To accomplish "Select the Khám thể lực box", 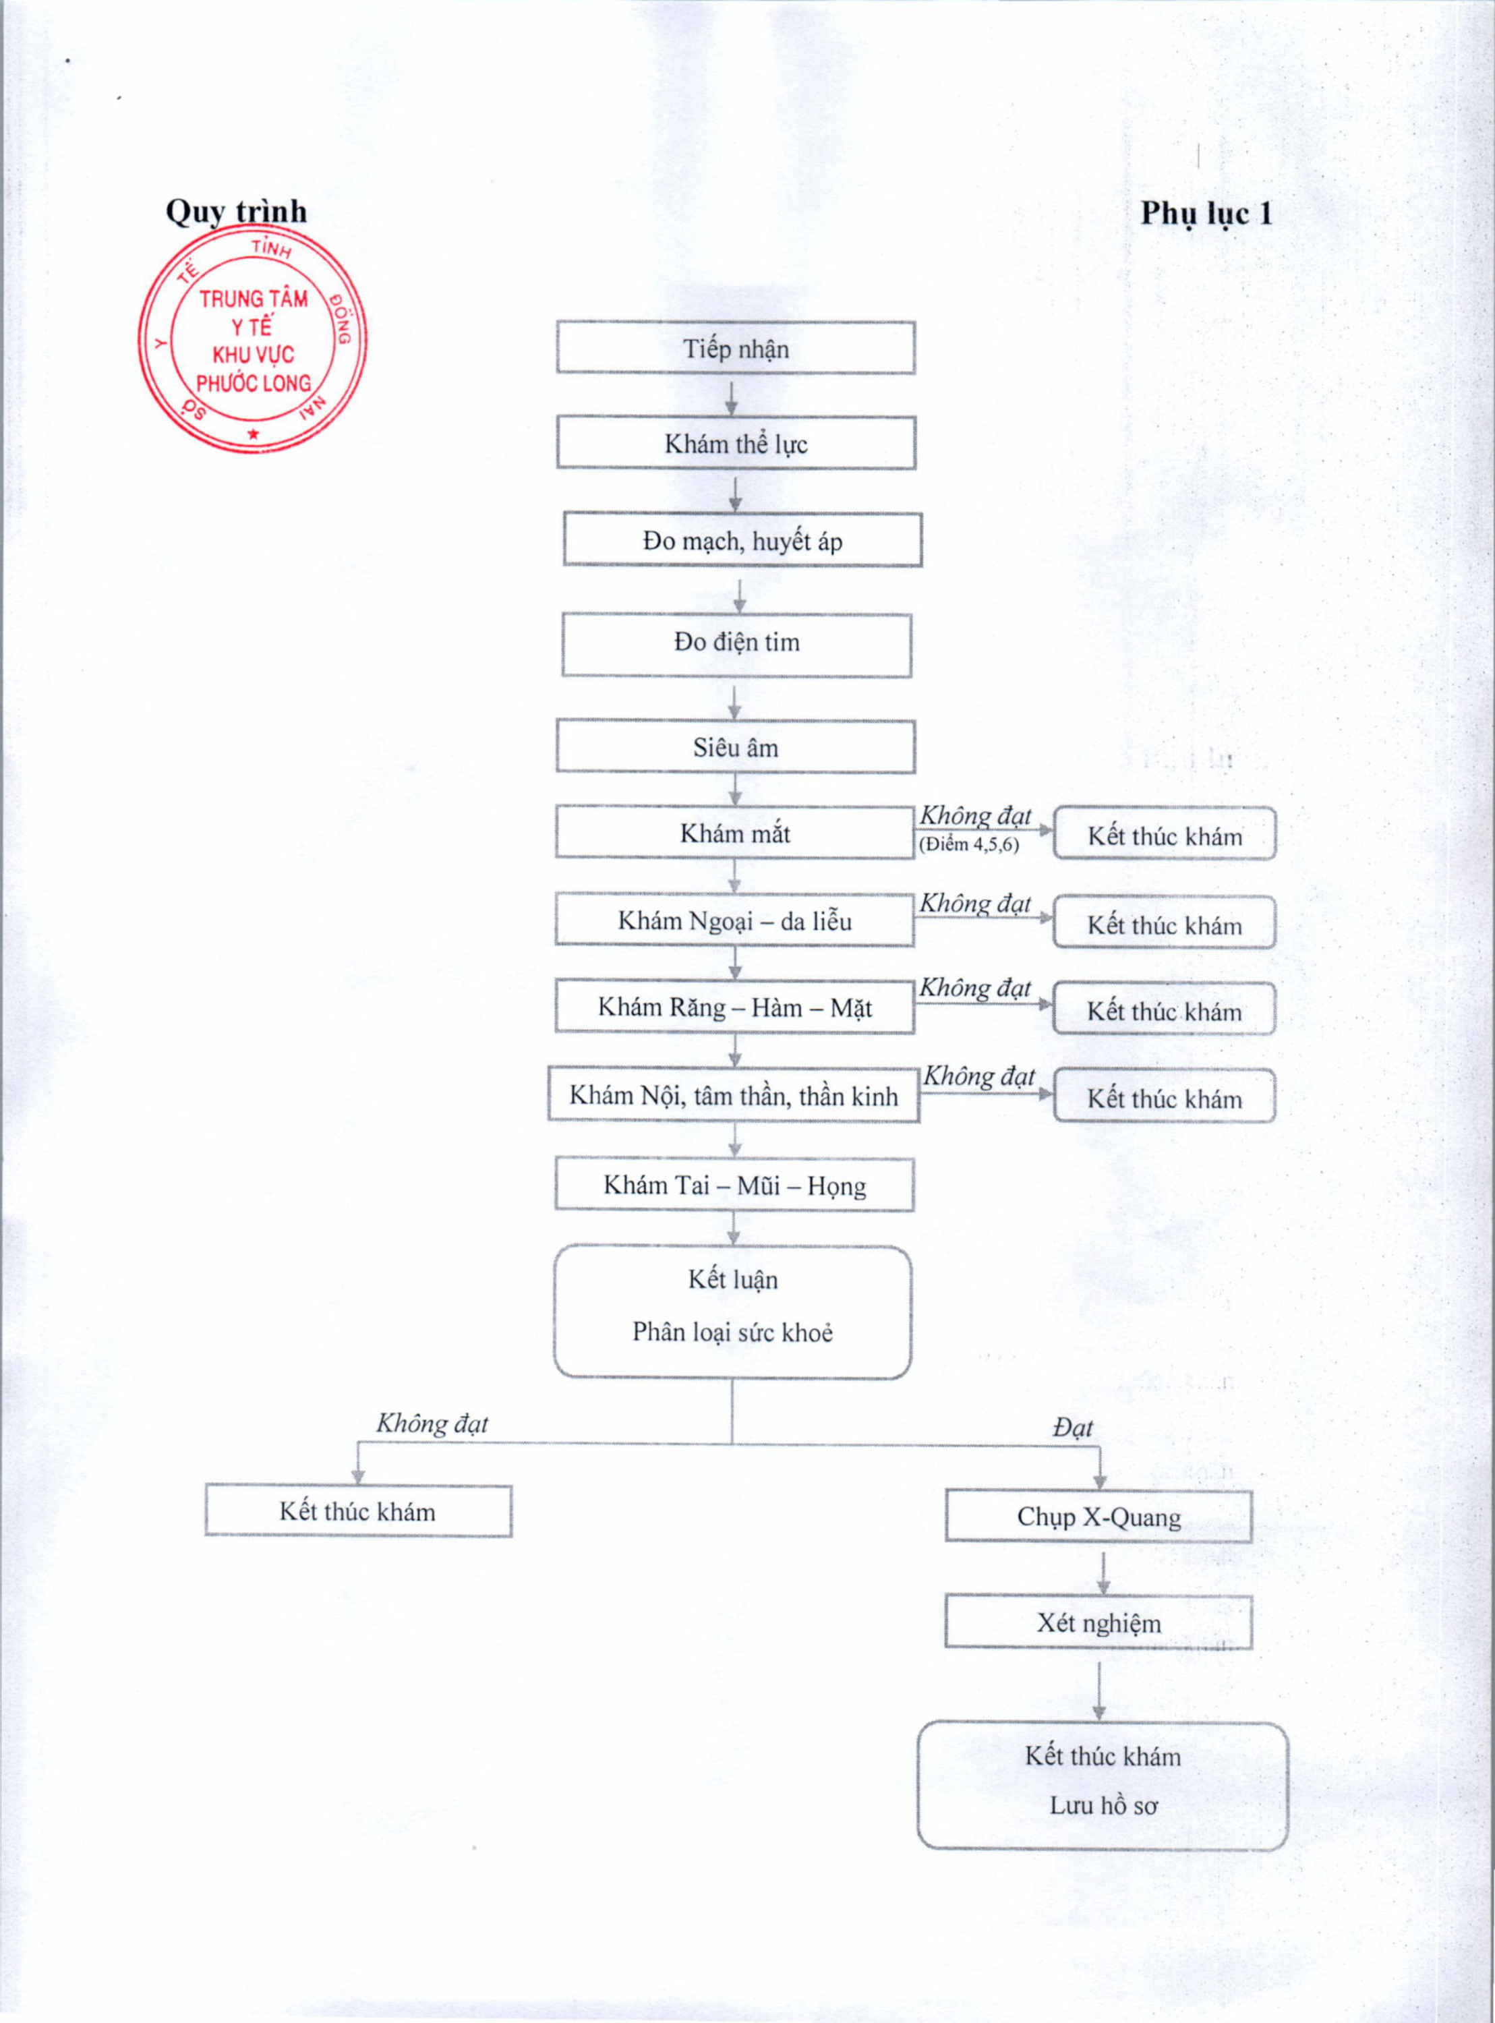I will [735, 443].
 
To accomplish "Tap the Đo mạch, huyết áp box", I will [742, 540].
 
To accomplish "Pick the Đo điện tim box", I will [736, 644].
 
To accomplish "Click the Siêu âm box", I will [735, 747].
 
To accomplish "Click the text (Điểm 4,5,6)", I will [968, 845].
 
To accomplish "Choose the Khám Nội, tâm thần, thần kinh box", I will [733, 1096].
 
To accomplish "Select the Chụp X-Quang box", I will [1098, 1517].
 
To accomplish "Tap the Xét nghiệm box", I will [1098, 1622].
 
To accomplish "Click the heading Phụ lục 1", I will [1206, 214].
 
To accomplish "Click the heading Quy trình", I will [235, 212].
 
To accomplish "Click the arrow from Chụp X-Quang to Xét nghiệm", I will [1103, 1573].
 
